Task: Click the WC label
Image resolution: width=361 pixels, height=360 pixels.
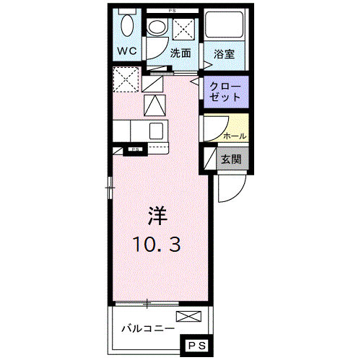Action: click(x=128, y=52)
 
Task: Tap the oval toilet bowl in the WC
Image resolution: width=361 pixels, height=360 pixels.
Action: click(x=128, y=27)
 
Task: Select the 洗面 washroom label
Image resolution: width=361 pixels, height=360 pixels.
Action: click(x=180, y=53)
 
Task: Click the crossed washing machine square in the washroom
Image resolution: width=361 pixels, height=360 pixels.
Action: click(x=183, y=30)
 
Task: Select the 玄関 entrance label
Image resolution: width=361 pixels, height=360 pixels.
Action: click(x=232, y=159)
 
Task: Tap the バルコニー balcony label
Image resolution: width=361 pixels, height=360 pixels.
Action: click(x=147, y=328)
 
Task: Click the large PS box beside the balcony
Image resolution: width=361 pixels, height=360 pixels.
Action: click(x=197, y=347)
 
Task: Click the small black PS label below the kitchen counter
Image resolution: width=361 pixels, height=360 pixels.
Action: click(x=134, y=150)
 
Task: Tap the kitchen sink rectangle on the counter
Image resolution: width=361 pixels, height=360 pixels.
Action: click(x=156, y=131)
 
